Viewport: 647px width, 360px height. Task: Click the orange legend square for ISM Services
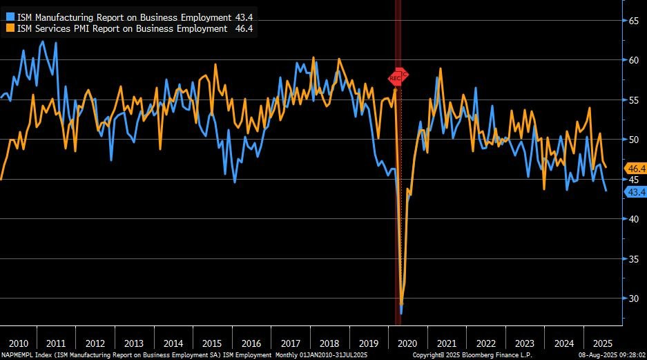click(x=9, y=28)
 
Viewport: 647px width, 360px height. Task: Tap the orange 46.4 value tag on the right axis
click(x=635, y=169)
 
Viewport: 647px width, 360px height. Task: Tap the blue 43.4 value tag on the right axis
click(x=635, y=192)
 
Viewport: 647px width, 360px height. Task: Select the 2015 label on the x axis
click(x=213, y=343)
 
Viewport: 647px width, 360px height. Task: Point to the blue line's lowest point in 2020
click(x=401, y=312)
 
